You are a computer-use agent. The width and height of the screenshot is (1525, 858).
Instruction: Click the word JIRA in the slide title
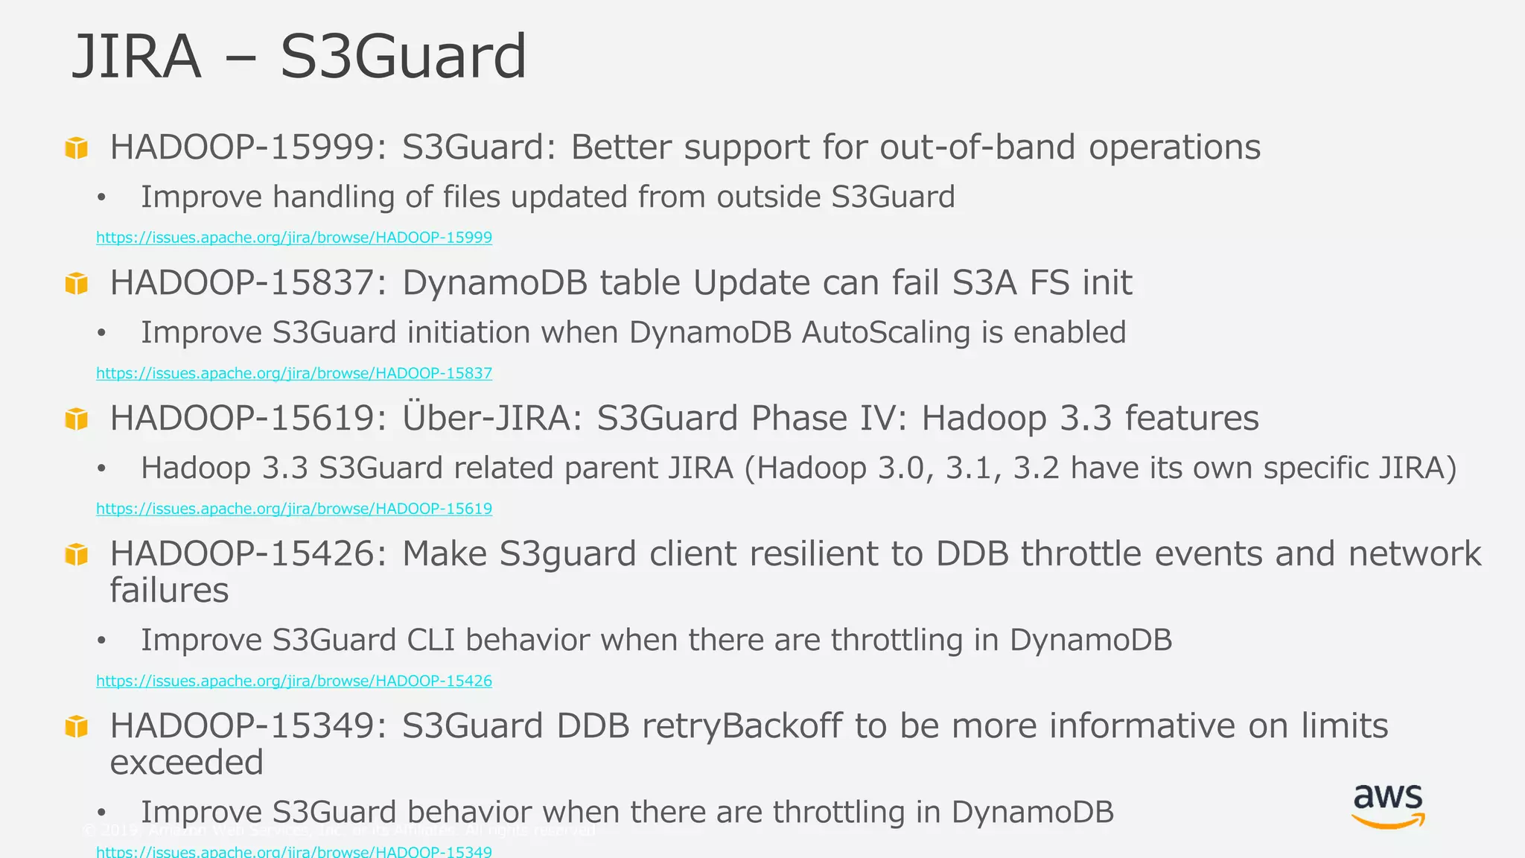136,57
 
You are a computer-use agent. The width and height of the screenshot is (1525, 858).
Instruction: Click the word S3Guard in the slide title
403,57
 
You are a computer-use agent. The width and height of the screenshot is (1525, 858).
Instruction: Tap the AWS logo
1388,806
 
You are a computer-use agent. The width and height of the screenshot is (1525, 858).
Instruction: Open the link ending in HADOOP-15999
294,238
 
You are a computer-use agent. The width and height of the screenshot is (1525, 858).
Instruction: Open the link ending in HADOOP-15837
294,373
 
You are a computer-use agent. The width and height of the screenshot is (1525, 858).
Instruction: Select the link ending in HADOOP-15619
294,509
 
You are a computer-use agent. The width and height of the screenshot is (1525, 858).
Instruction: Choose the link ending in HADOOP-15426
294,681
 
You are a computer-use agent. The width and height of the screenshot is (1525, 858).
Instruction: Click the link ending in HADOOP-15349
294,851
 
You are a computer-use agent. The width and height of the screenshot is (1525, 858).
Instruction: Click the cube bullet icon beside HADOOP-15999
77,147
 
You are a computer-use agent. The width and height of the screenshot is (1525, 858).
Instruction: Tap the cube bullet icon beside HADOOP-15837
77,283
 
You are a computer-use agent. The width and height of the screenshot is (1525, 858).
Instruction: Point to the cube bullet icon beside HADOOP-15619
77,419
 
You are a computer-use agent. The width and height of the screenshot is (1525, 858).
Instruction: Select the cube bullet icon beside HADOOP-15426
77,554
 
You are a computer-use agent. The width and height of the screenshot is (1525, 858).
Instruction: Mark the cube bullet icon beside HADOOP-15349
77,726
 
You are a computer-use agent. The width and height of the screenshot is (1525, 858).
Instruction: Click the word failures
169,591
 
